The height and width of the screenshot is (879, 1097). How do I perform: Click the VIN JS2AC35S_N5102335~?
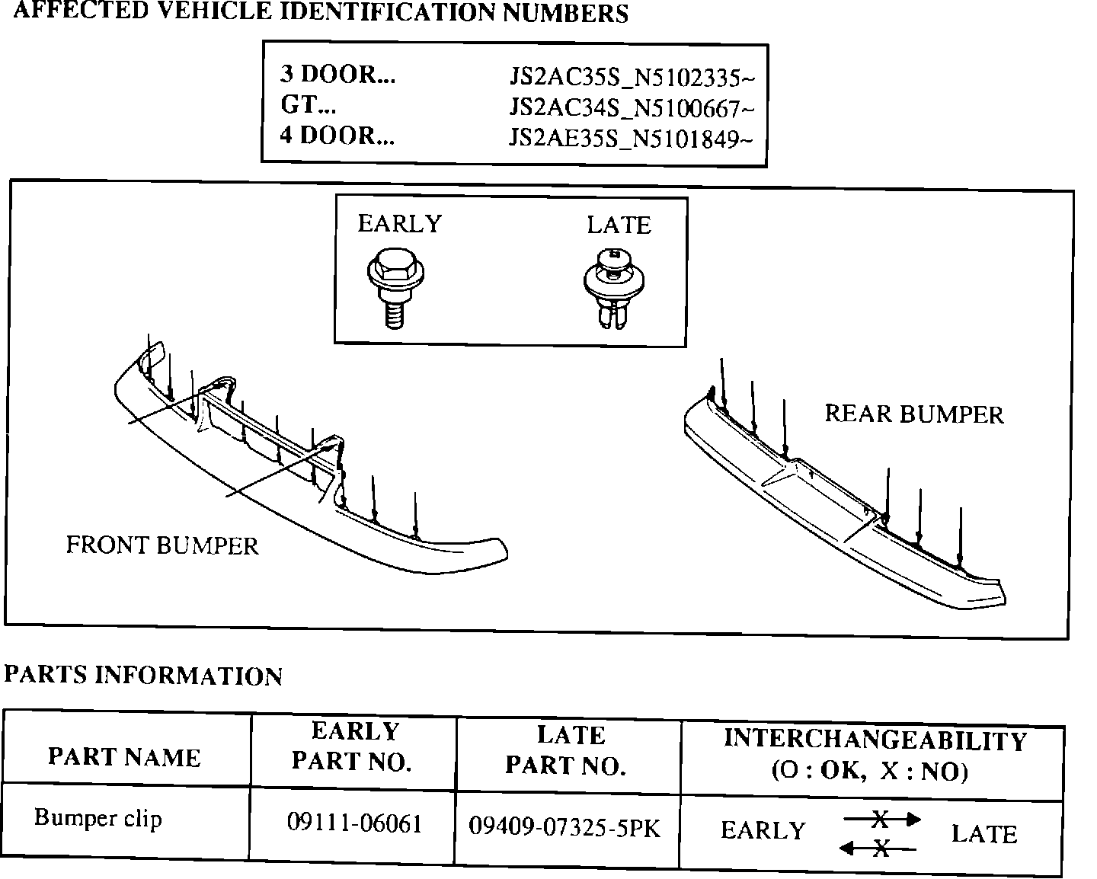(632, 78)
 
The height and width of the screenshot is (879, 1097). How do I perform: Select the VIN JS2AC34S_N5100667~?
(632, 109)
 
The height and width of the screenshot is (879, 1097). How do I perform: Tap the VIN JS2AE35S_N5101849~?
(632, 139)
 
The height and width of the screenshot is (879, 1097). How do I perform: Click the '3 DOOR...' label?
(337, 74)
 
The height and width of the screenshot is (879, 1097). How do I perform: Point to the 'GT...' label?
(309, 104)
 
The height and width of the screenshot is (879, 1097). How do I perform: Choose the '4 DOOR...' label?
(337, 136)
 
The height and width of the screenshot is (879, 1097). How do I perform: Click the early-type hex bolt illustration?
(395, 289)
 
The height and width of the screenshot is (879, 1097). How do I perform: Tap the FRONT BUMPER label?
(162, 545)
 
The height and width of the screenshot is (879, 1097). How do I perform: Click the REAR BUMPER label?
(914, 414)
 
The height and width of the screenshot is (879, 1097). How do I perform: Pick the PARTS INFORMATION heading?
(144, 676)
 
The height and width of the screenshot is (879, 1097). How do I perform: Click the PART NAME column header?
(124, 757)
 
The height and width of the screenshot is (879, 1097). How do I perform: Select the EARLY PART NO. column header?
(353, 746)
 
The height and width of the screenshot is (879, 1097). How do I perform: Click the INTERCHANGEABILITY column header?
(875, 755)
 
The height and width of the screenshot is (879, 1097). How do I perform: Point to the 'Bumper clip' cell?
(98, 818)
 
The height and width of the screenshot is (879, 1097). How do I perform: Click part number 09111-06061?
(354, 823)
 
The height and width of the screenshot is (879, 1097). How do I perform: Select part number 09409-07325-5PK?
(564, 827)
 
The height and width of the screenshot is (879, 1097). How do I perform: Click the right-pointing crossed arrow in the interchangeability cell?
(881, 820)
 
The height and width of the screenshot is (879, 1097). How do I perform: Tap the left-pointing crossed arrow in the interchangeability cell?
(878, 848)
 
